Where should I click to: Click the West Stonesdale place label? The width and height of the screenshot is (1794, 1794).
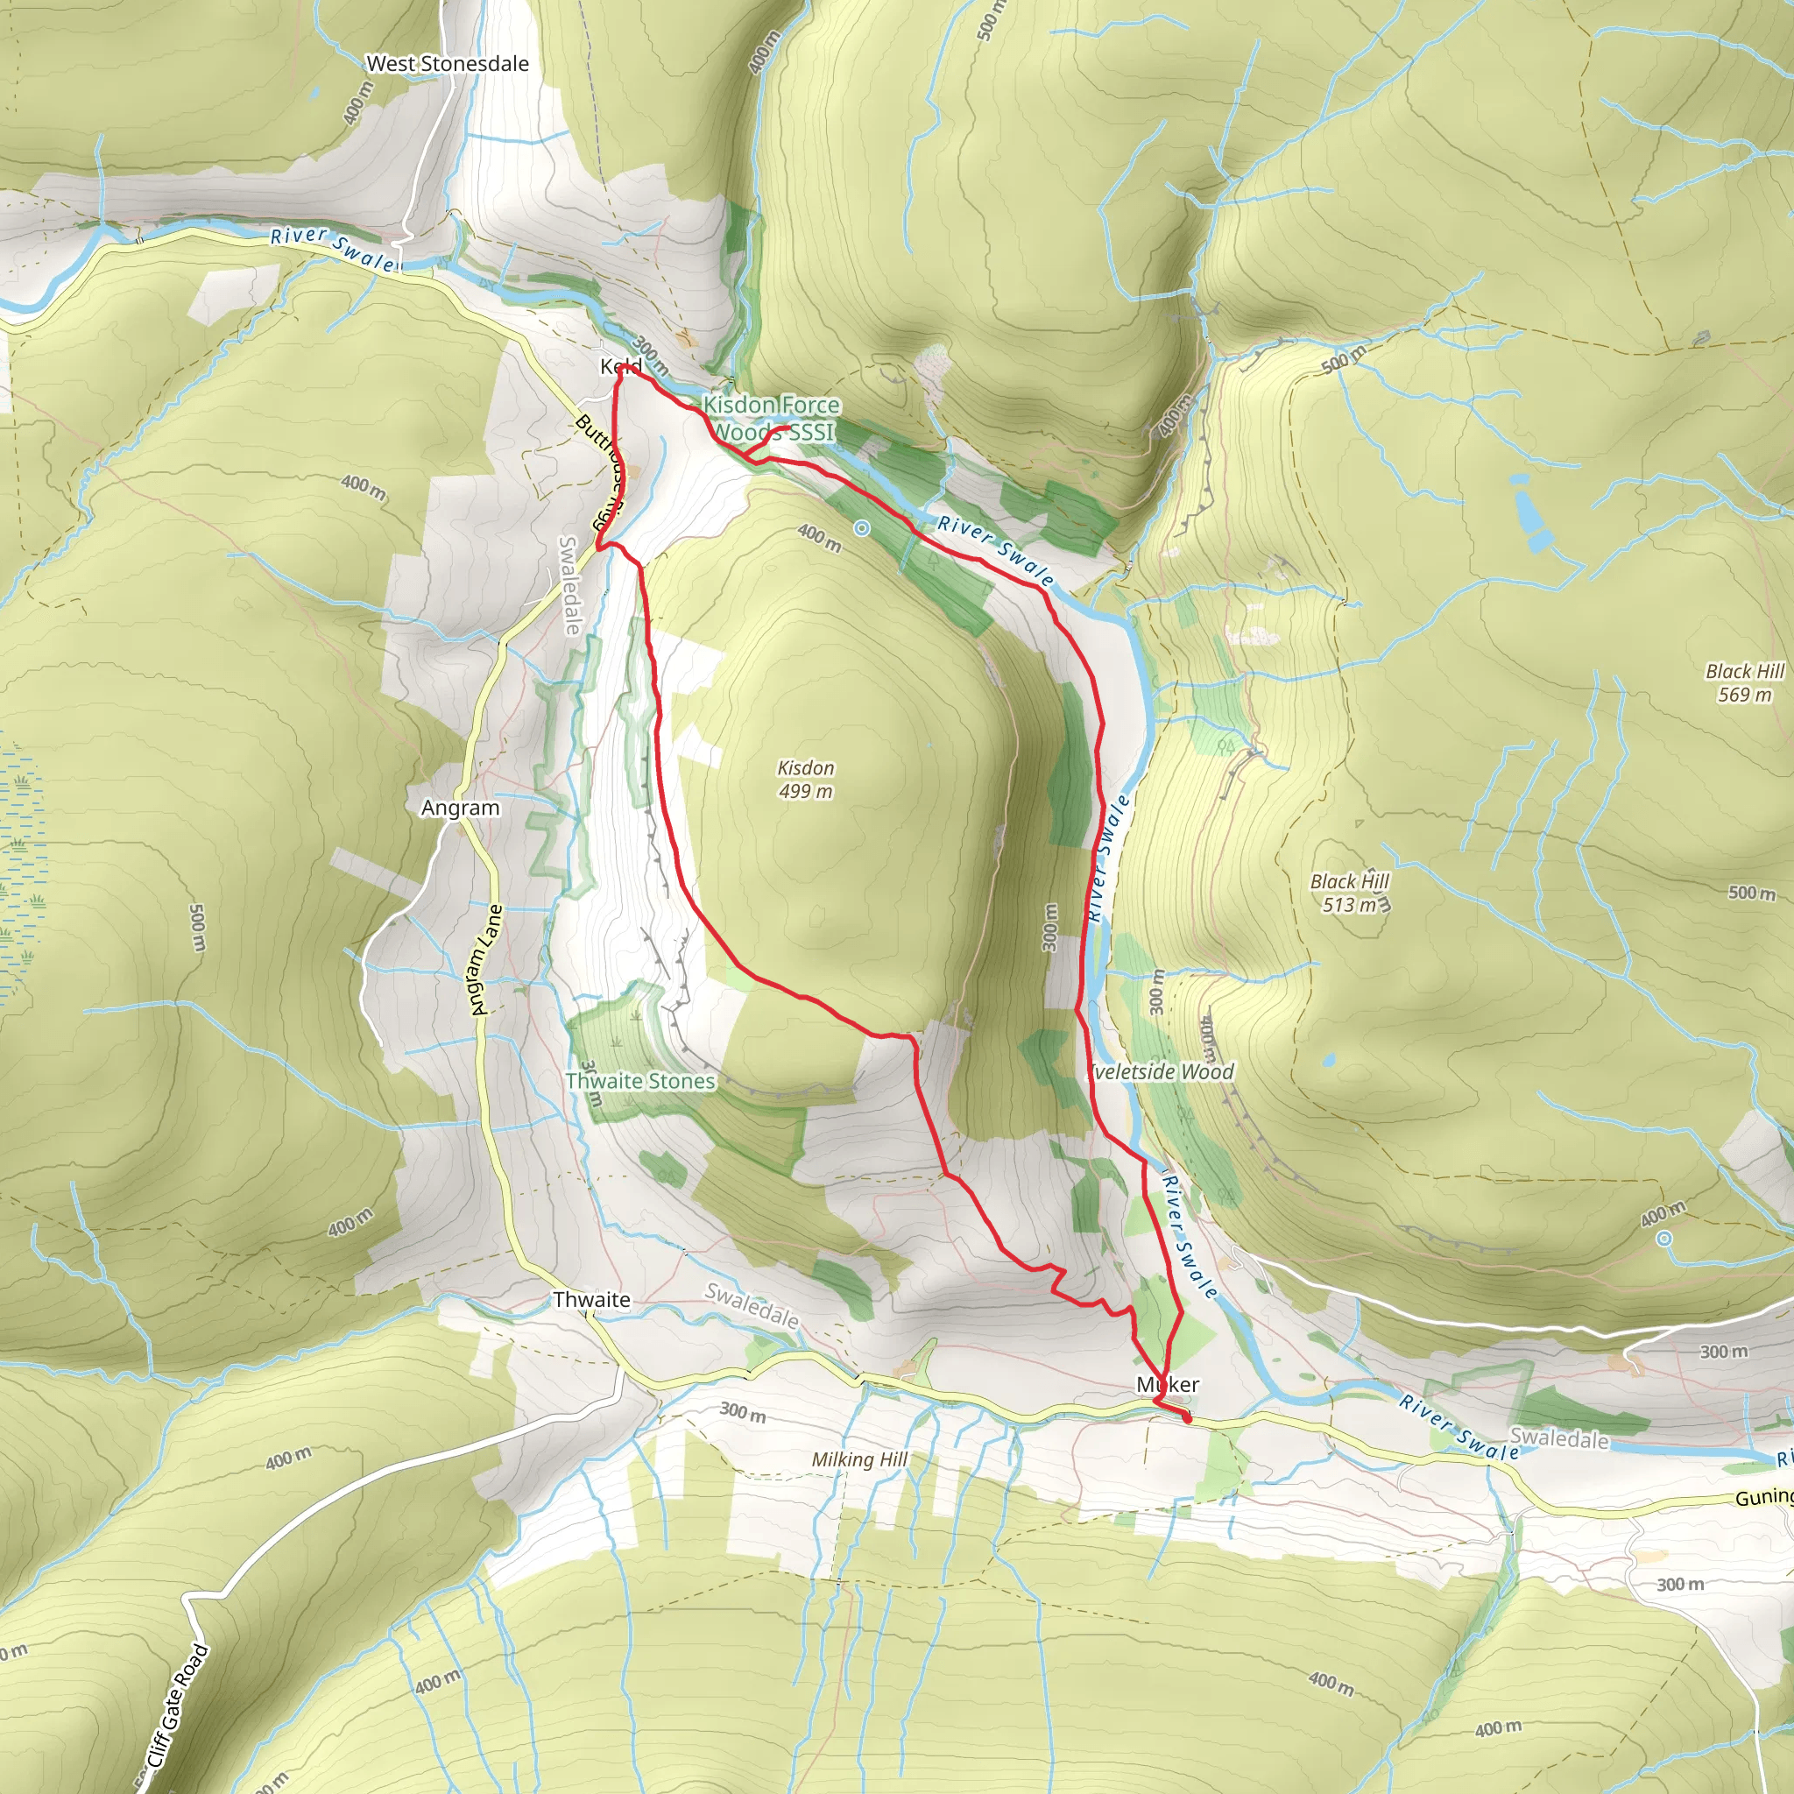448,64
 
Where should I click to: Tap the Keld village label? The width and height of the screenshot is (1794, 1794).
620,366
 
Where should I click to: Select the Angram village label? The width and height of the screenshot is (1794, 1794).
460,808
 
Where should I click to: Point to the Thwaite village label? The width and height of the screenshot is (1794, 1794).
591,1300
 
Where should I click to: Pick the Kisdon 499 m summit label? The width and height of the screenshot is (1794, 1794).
805,779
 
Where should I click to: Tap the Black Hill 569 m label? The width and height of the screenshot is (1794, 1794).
1745,682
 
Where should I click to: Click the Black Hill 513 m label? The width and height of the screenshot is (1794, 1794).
1349,893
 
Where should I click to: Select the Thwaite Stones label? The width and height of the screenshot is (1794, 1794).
640,1081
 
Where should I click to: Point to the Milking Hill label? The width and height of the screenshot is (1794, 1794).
859,1459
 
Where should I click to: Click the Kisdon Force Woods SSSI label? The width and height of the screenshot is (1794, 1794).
772,418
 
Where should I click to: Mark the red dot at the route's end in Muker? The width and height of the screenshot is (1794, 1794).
1187,1417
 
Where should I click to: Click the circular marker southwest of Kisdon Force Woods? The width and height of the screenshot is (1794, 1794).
862,528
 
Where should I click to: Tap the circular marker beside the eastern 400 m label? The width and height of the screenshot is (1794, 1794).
1665,1238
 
